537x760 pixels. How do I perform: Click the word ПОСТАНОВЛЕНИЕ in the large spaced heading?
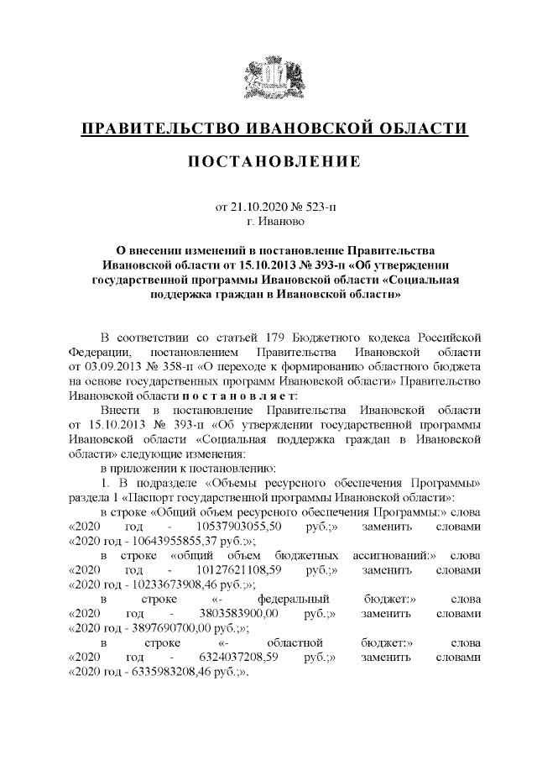pyautogui.click(x=268, y=160)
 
